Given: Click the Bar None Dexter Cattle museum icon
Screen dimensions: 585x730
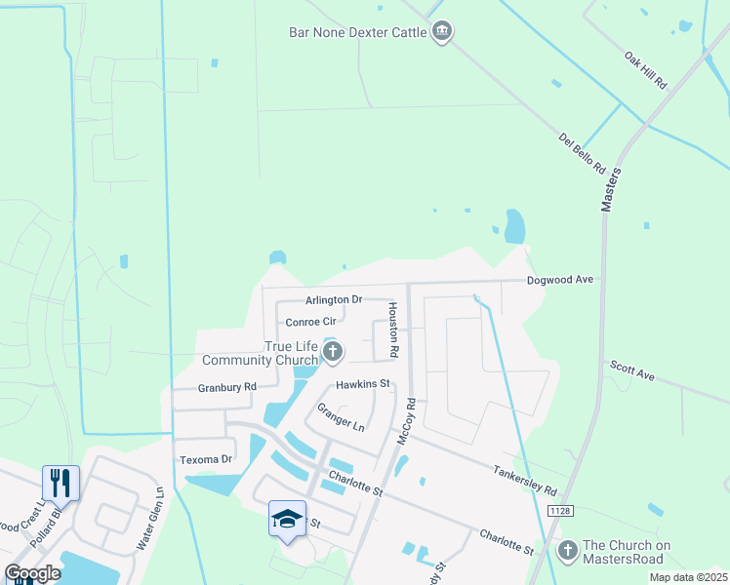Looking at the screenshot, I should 442,32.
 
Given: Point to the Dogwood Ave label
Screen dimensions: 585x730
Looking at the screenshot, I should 560,280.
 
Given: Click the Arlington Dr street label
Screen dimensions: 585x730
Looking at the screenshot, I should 333,299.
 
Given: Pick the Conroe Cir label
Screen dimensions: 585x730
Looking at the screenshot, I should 310,322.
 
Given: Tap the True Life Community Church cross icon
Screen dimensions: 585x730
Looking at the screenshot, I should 333,352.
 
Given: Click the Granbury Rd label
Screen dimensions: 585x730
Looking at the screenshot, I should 226,387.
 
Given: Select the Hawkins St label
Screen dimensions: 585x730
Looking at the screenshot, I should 363,384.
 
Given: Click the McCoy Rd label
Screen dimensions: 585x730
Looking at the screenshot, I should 406,422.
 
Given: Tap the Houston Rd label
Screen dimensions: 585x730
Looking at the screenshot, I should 393,328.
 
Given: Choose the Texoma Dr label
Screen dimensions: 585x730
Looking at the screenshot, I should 206,458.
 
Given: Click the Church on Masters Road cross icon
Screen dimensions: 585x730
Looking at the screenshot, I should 567,551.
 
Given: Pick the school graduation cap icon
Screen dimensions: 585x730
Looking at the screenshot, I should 288,519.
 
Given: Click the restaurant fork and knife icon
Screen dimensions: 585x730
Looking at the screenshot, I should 60,482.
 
